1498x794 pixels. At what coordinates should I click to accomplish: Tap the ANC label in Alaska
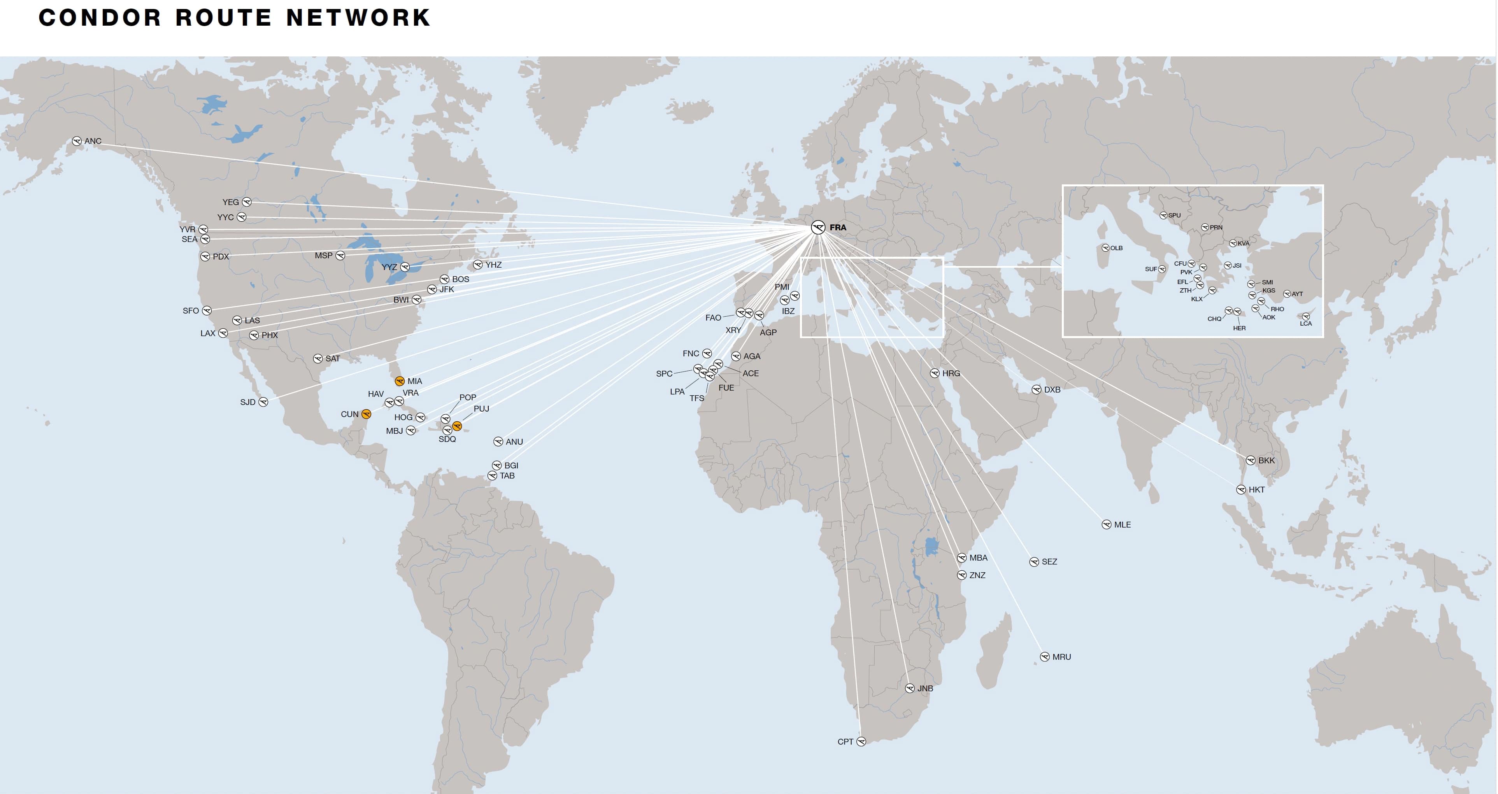[x=93, y=141]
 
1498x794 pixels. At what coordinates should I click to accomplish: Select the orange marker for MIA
[x=400, y=381]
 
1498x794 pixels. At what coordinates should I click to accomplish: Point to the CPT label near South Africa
[x=845, y=742]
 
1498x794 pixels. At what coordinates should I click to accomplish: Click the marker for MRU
[x=1045, y=657]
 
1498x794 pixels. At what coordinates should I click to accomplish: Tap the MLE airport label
[x=1123, y=525]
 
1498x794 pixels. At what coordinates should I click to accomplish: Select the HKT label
[x=1257, y=490]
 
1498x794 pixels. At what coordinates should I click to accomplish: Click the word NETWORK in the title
[x=358, y=18]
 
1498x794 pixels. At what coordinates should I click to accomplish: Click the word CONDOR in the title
[x=100, y=18]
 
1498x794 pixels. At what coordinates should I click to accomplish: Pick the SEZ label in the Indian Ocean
[x=1050, y=562]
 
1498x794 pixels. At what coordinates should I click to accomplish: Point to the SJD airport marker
[x=263, y=402]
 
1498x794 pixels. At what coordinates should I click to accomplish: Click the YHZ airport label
[x=494, y=265]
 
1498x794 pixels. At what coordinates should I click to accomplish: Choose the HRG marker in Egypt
[x=935, y=373]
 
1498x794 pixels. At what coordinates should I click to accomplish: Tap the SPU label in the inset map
[x=1175, y=216]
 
